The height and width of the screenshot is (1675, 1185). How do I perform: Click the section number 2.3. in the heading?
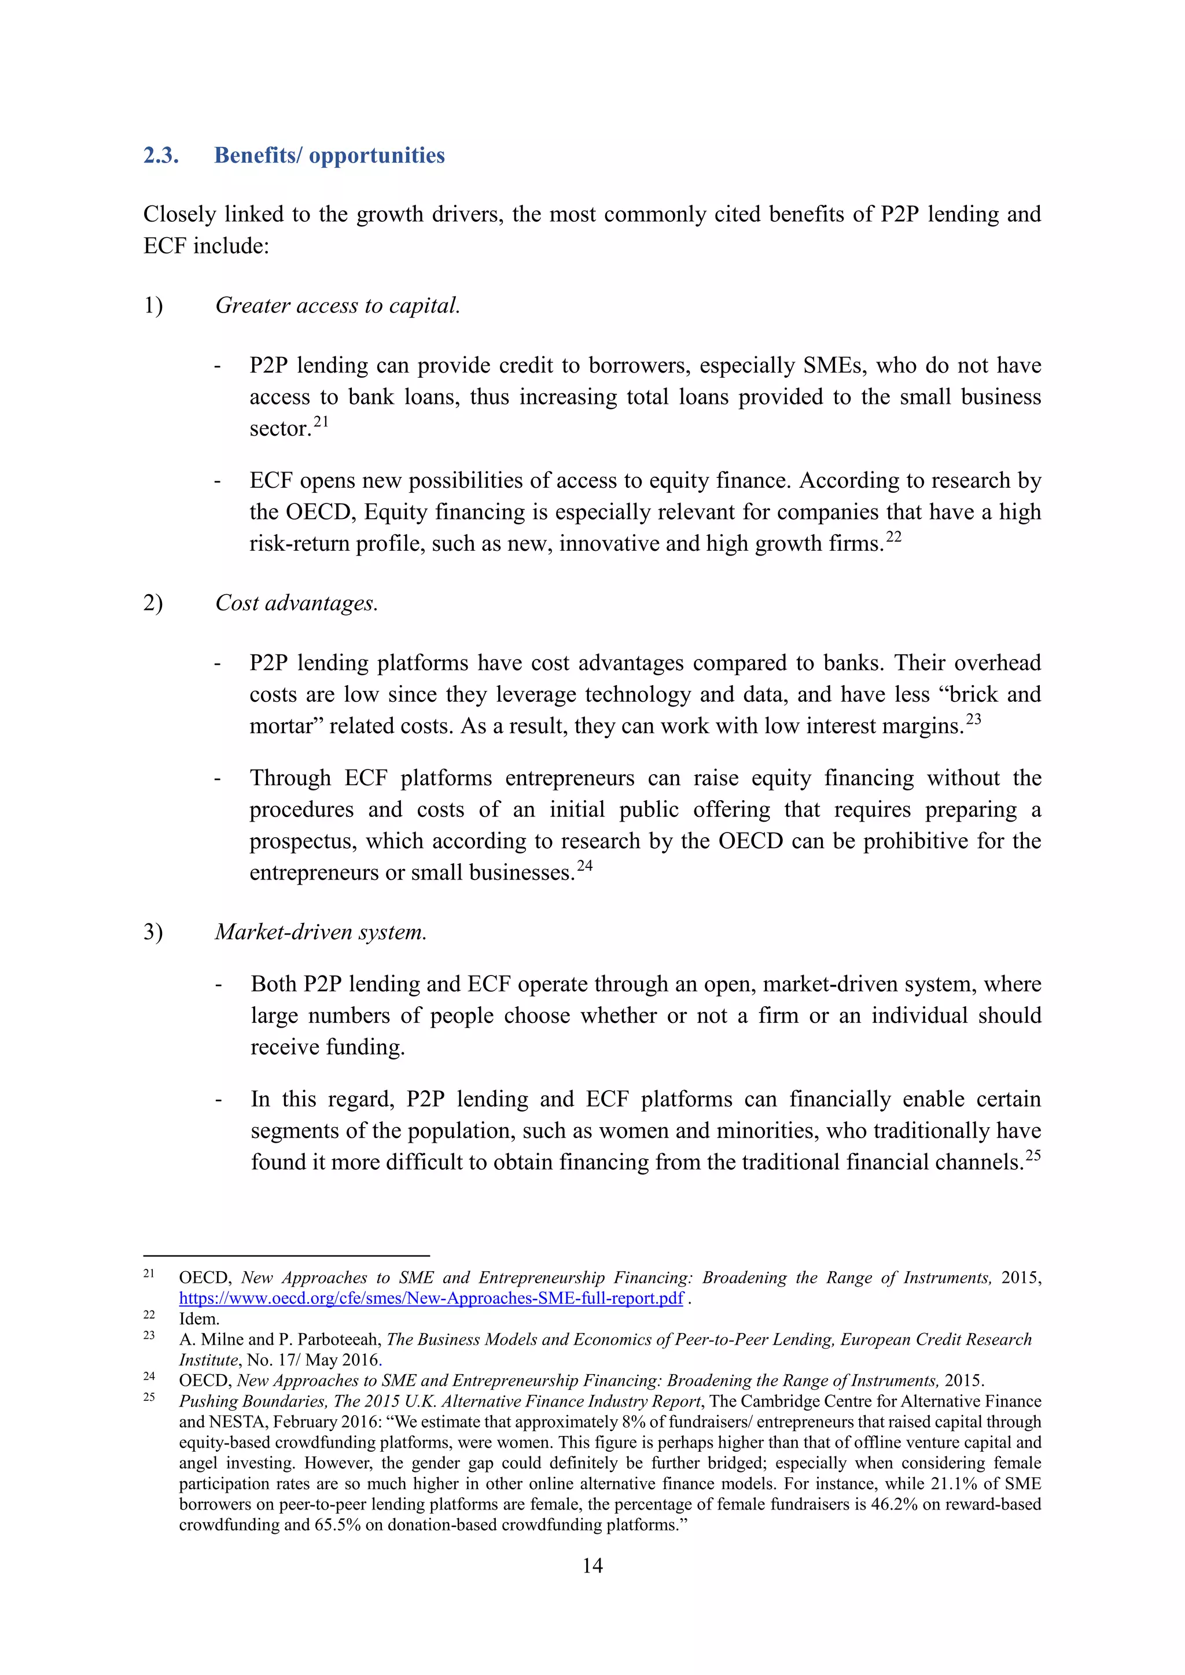(x=160, y=156)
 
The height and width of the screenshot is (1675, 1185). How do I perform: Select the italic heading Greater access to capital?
(x=337, y=305)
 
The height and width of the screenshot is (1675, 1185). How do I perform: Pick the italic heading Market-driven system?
(x=321, y=932)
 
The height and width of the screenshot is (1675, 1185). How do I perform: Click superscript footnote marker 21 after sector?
(x=321, y=421)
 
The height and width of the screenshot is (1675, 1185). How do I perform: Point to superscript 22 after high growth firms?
(x=894, y=536)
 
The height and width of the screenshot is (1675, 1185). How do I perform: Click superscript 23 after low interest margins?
(x=973, y=719)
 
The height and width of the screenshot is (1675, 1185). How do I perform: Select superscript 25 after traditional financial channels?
(x=1032, y=1155)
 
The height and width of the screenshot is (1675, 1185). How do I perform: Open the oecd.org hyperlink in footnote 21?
(x=430, y=1298)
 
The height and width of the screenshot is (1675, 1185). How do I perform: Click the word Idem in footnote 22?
(x=198, y=1318)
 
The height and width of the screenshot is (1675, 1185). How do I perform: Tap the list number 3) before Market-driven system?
(x=153, y=932)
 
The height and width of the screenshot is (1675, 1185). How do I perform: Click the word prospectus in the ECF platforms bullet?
(x=303, y=841)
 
